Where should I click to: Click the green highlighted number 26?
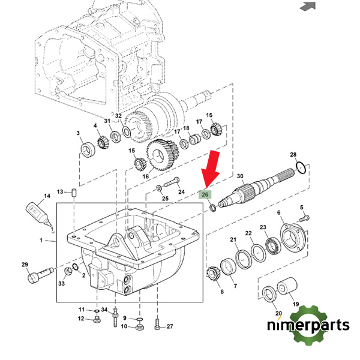205,195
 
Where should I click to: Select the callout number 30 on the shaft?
240,176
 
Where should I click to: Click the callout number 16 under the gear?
145,176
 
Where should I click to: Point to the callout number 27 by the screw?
170,326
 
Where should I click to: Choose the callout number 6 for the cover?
279,213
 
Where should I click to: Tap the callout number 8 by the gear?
221,292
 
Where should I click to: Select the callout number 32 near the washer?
119,116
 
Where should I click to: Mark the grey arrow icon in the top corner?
308,7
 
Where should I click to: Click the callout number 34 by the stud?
104,310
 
